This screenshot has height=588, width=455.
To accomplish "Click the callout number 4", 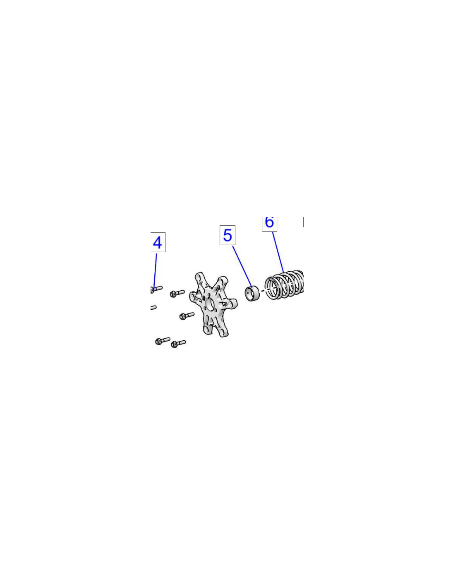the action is [157, 242].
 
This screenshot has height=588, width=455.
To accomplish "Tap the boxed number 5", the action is [227, 235].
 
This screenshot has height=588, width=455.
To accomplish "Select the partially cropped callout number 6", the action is [269, 222].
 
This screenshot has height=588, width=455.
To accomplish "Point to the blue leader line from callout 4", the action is [155, 271].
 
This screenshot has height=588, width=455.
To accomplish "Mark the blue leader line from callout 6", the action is [278, 253].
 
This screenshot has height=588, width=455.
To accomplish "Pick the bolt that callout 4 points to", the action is [156, 289].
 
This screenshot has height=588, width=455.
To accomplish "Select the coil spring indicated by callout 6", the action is [284, 284].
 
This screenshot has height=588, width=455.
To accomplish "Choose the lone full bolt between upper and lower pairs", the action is [187, 316].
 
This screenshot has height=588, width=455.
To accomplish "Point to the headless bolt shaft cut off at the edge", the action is [153, 308].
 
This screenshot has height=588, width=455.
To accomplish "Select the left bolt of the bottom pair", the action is [163, 341].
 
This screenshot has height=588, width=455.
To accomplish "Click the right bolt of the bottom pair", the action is [178, 344].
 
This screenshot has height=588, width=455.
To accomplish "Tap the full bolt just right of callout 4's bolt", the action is [177, 293].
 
